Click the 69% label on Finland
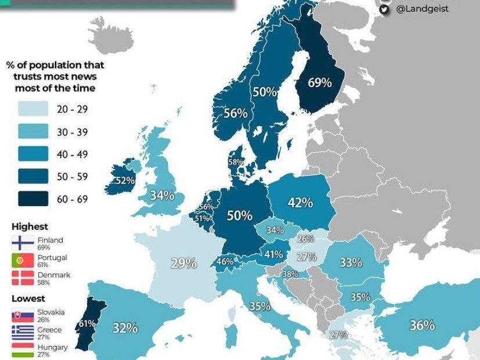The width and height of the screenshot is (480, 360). pyautogui.click(x=319, y=83)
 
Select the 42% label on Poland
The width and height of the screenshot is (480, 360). pyautogui.click(x=301, y=203)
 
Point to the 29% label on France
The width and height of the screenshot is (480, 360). pyautogui.click(x=183, y=263)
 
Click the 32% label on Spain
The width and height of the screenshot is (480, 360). pyautogui.click(x=125, y=327)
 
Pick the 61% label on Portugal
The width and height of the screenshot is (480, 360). pyautogui.click(x=87, y=323)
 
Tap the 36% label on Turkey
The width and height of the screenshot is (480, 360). pyautogui.click(x=422, y=325)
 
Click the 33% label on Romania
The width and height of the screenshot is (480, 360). pyautogui.click(x=351, y=262)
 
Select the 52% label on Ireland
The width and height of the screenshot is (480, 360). pyautogui.click(x=125, y=181)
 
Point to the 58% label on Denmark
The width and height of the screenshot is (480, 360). pyautogui.click(x=236, y=163)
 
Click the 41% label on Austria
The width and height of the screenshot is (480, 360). pyautogui.click(x=273, y=254)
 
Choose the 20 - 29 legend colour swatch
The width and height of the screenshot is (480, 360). pyautogui.click(x=32, y=109)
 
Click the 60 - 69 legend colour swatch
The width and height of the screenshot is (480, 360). pyautogui.click(x=32, y=199)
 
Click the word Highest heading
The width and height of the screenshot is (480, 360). pyautogui.click(x=29, y=226)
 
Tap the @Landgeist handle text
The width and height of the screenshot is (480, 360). pyautogui.click(x=423, y=9)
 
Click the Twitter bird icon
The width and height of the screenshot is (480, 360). pyautogui.click(x=385, y=9)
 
